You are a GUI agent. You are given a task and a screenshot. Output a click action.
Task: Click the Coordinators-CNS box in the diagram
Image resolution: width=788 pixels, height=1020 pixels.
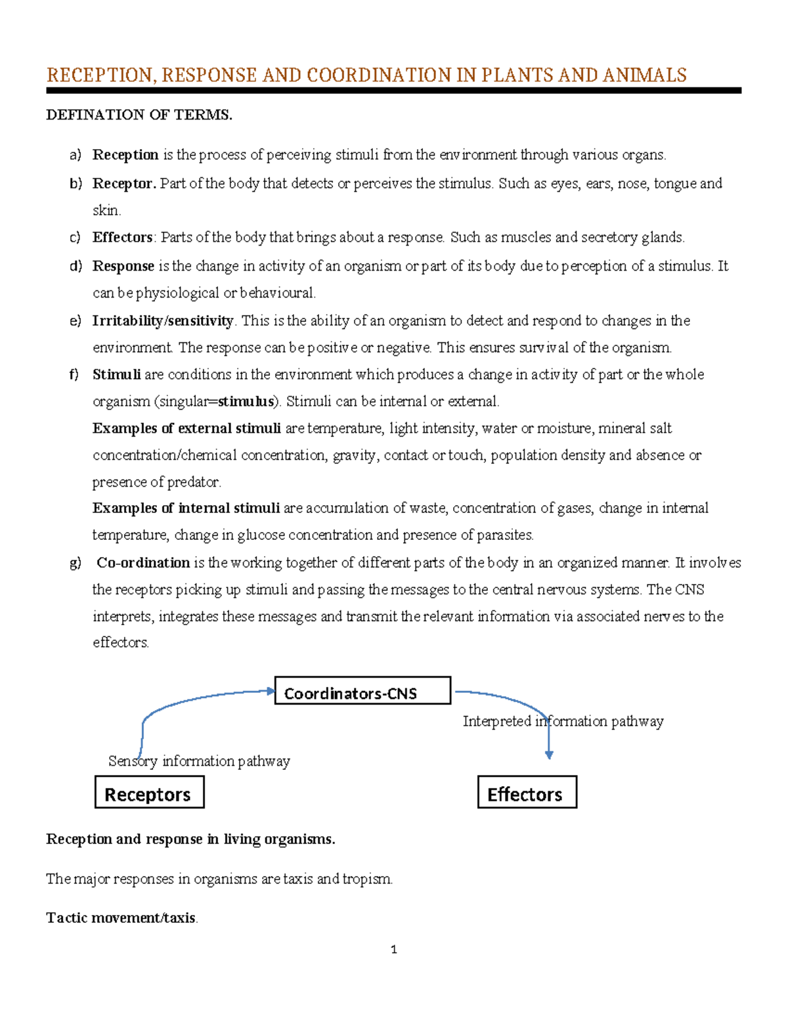pos(362,691)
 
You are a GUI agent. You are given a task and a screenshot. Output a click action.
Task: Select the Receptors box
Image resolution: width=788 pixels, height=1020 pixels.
pos(149,793)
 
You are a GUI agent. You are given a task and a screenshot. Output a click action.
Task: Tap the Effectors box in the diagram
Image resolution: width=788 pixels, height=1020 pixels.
pos(527,793)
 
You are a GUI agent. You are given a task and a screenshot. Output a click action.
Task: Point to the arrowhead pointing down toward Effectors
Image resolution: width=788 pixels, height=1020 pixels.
pos(549,755)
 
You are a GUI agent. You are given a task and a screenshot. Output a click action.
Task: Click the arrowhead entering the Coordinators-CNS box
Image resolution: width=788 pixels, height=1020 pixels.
pos(270,690)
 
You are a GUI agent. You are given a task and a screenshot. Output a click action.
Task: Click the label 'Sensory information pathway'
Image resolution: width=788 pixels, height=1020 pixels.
pos(199,761)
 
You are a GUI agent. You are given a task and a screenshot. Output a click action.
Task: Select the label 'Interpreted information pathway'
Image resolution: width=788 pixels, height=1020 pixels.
pos(563,721)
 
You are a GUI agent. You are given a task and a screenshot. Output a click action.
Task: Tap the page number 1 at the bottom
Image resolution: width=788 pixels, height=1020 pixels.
pos(393,950)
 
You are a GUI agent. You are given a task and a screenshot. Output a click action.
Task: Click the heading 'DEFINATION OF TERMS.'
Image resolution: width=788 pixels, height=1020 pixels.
pos(139,115)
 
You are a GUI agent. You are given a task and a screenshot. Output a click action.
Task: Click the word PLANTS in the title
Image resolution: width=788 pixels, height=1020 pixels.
pos(518,75)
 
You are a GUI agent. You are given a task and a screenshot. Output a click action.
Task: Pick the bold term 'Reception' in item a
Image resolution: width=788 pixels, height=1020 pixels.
pos(125,155)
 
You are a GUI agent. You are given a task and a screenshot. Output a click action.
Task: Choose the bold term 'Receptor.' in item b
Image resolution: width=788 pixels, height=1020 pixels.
pos(124,183)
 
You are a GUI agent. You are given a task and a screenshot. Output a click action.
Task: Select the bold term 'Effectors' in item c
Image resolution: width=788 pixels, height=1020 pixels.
pos(123,237)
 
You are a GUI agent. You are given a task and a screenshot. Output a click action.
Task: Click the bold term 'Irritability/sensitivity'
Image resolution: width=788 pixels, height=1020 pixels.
pos(163,321)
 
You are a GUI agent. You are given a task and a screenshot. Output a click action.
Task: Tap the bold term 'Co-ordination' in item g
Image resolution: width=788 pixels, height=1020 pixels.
pos(143,563)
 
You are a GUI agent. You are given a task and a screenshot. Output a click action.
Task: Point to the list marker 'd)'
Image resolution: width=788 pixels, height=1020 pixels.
pos(76,266)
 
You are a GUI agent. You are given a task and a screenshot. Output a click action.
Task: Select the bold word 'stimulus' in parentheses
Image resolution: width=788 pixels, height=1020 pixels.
pos(246,401)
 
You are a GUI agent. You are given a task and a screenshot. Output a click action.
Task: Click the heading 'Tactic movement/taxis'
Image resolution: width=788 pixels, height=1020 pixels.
pos(121,918)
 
